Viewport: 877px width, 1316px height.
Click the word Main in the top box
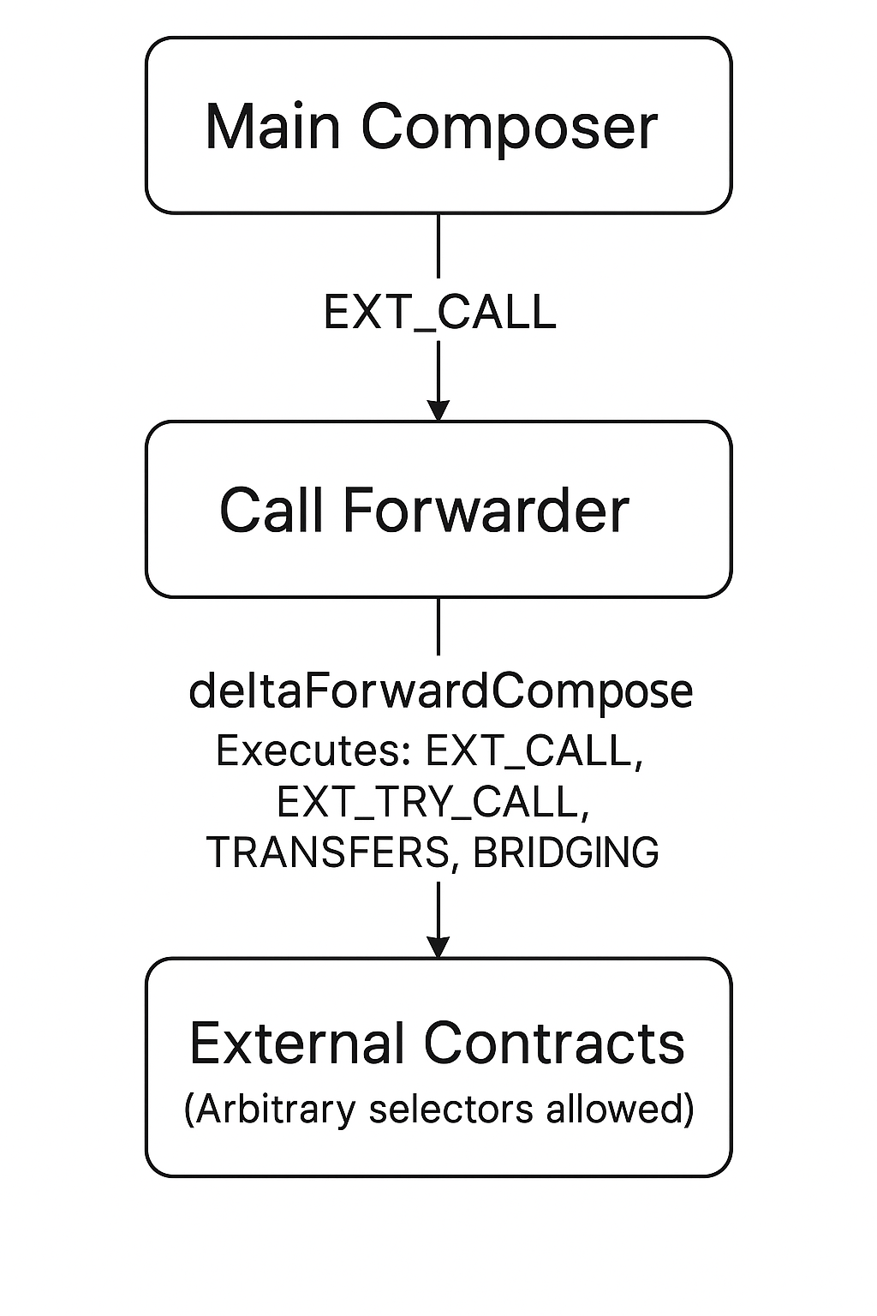(273, 127)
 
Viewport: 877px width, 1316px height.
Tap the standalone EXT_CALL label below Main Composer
(439, 312)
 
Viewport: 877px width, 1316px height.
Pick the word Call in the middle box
(273, 511)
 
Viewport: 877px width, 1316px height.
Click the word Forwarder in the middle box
(486, 511)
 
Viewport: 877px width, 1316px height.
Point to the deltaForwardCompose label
(440, 691)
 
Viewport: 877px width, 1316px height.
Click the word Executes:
(309, 751)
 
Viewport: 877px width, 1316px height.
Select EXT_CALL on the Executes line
(534, 751)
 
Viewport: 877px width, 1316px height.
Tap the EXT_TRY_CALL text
(433, 803)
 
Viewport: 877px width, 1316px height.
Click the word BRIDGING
(565, 852)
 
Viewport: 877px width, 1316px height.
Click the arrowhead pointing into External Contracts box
(438, 947)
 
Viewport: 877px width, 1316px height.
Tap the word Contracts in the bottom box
(554, 1044)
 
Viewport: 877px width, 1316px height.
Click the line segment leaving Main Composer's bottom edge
(438, 245)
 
